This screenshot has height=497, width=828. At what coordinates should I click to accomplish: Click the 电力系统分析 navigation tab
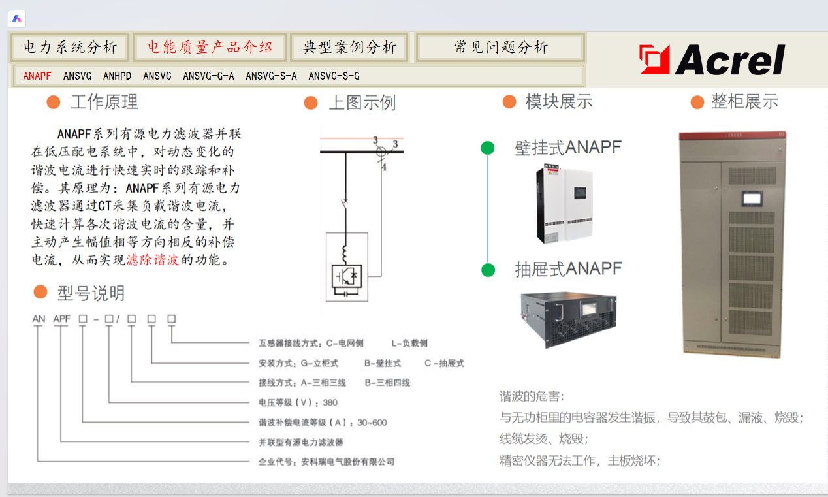(x=71, y=47)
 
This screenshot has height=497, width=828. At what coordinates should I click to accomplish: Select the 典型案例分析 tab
(x=349, y=47)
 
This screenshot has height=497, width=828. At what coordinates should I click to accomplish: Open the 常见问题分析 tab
(x=500, y=47)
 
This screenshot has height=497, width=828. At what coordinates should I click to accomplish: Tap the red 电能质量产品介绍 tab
(x=210, y=47)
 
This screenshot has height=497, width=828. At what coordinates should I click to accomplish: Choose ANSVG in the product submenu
(x=77, y=76)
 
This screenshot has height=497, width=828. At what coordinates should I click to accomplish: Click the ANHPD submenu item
(x=117, y=76)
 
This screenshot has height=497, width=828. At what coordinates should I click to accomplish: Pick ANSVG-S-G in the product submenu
(x=334, y=76)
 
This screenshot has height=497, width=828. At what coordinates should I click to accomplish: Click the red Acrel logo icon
(x=654, y=59)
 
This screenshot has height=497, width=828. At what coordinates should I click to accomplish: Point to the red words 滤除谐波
(x=153, y=259)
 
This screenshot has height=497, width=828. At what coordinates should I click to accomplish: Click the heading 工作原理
(x=104, y=102)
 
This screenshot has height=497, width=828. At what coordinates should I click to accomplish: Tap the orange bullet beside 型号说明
(x=40, y=292)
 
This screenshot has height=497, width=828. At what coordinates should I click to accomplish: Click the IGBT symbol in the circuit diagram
(x=347, y=276)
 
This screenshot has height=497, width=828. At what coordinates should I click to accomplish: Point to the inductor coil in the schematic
(x=345, y=253)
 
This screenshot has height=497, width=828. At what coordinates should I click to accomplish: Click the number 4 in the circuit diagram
(x=384, y=167)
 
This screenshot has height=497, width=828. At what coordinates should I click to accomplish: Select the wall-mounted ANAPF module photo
(x=564, y=204)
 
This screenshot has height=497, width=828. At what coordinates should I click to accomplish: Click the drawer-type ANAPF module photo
(x=569, y=319)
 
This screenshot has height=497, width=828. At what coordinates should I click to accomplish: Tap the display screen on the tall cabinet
(x=752, y=199)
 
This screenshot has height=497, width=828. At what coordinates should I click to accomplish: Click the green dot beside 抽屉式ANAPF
(x=488, y=270)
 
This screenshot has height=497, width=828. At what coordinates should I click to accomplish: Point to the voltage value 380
(x=330, y=402)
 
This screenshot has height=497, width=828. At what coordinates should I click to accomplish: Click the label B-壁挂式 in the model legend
(x=383, y=363)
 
